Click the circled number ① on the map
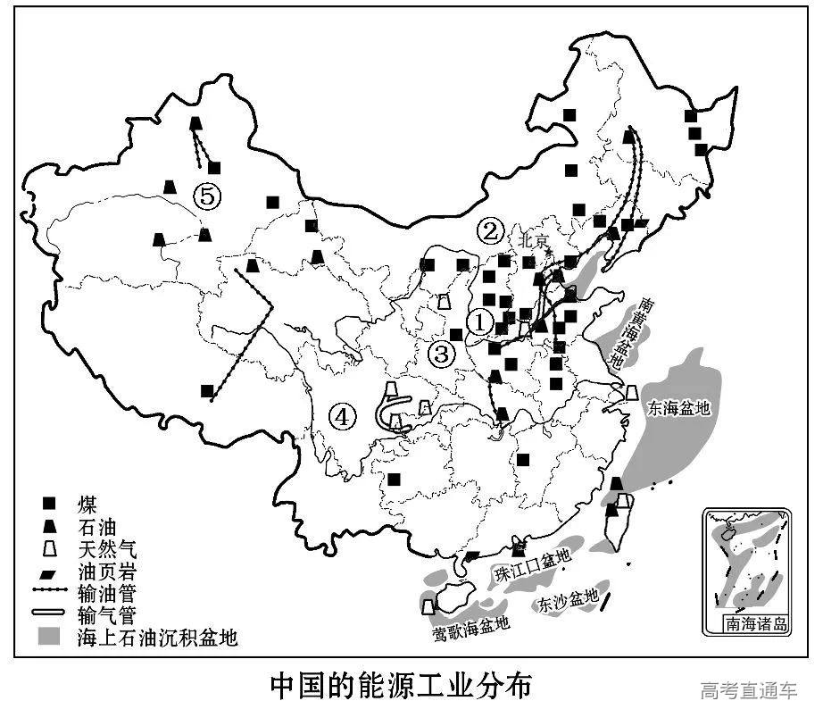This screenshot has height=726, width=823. [x=480, y=321]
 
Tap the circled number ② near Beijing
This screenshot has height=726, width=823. [x=489, y=231]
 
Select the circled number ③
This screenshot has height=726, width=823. [x=440, y=353]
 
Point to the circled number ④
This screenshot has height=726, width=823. [x=342, y=415]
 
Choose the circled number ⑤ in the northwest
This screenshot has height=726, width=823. [x=207, y=196]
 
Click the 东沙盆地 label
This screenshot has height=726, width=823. [x=568, y=601]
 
